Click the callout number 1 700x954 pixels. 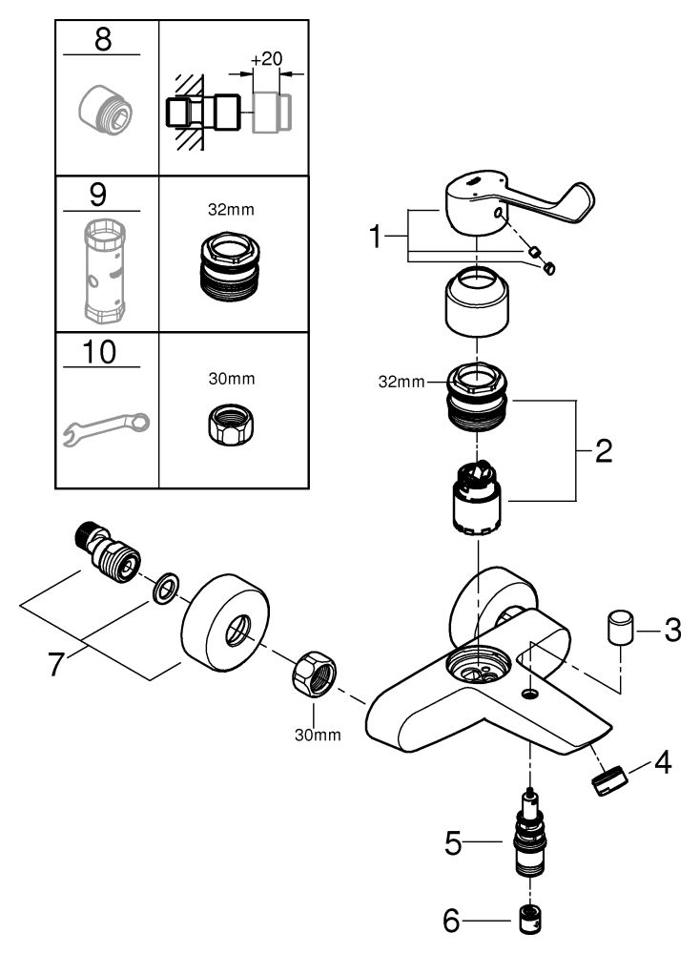(376, 236)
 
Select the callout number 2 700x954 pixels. (604, 451)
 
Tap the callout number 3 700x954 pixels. (672, 631)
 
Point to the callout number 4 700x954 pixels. (662, 762)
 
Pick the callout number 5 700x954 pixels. (453, 843)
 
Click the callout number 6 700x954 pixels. (451, 921)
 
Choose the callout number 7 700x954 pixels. (55, 663)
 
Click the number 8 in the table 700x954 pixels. (103, 39)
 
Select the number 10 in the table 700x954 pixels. (99, 352)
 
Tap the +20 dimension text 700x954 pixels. (266, 59)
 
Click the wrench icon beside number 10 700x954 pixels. (107, 428)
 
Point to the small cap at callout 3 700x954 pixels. (620, 629)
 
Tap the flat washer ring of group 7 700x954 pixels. (165, 588)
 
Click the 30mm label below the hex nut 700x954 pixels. (318, 735)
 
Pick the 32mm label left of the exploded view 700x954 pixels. (401, 383)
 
